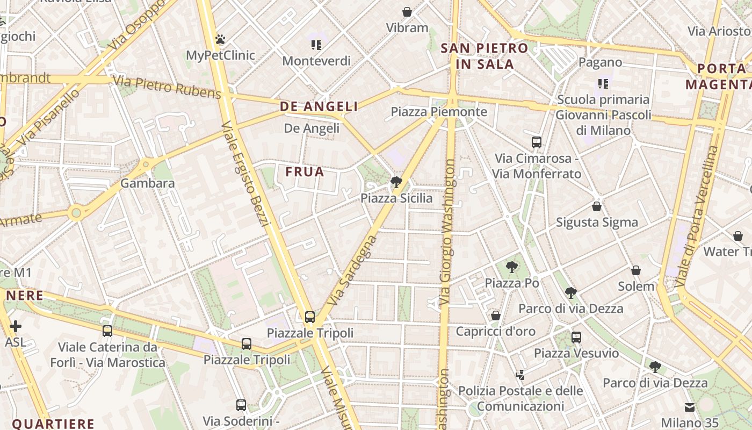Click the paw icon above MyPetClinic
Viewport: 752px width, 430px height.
click(220, 39)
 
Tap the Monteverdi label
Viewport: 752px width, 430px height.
click(316, 61)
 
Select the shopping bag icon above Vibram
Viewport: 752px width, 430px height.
click(407, 11)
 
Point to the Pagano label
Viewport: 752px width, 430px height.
click(600, 62)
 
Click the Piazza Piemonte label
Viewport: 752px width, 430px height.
click(439, 112)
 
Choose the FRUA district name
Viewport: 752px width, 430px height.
click(305, 172)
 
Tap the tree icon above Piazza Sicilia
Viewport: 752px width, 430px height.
click(396, 182)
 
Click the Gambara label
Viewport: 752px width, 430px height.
click(147, 183)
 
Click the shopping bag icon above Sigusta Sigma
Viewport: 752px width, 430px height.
click(596, 206)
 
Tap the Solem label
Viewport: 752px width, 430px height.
click(636, 286)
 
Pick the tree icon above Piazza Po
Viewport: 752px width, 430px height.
click(512, 267)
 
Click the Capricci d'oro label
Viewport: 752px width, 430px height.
click(495, 331)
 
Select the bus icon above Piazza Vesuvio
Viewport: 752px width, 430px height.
click(576, 338)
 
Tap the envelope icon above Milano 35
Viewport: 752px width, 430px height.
click(690, 407)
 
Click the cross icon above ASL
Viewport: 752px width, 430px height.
click(16, 326)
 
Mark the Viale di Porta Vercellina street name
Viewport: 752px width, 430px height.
click(697, 216)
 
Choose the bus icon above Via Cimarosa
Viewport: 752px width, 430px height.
click(536, 142)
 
